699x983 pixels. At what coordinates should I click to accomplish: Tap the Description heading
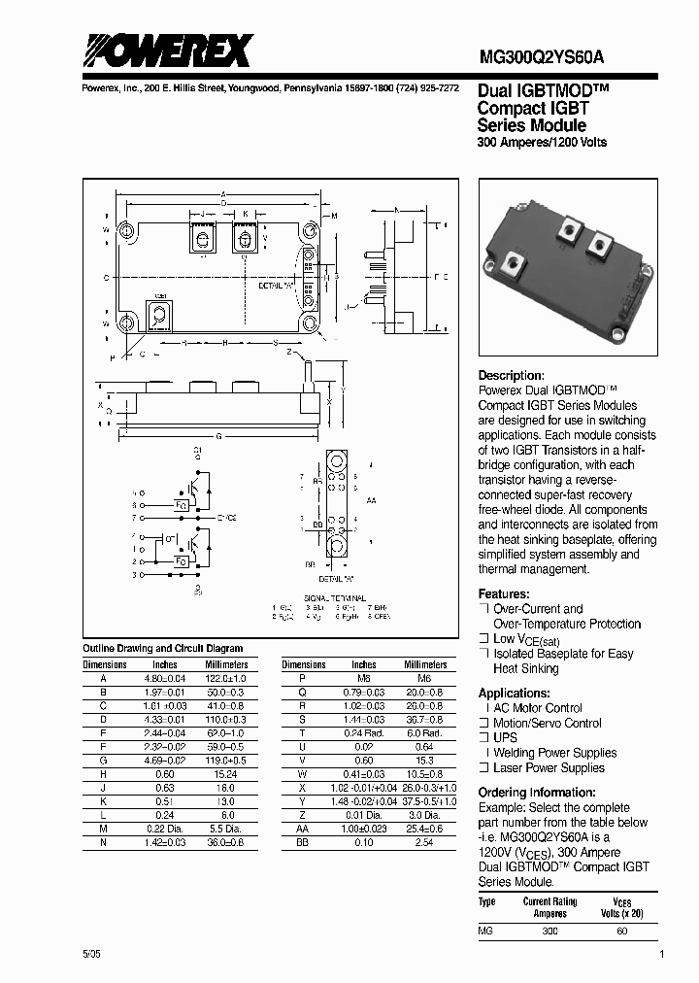[511, 376]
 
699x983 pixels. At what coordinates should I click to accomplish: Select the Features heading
[504, 593]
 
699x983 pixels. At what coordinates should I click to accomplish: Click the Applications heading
[515, 693]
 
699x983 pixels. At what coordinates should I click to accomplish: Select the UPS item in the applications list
[506, 737]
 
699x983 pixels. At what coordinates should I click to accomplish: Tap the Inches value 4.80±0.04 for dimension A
[158, 678]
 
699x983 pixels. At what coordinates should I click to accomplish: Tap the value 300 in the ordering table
[549, 932]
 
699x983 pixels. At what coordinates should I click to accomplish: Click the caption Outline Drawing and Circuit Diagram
[162, 648]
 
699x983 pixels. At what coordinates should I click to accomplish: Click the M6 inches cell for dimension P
[364, 678]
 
